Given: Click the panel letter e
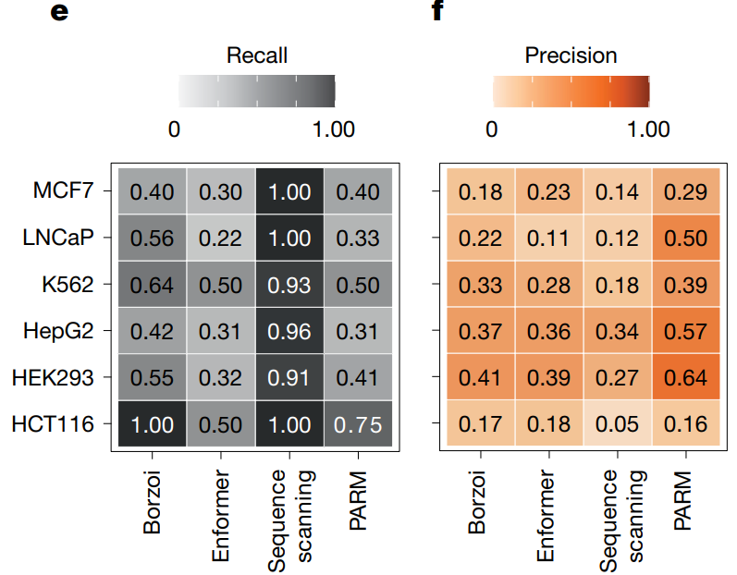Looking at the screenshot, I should point(60,13).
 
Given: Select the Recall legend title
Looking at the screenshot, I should point(256,55).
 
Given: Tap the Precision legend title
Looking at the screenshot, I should point(571,55).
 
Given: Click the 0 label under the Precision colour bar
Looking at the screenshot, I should point(492,129).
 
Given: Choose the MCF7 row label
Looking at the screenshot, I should point(64,191).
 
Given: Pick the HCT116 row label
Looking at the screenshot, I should point(54,424).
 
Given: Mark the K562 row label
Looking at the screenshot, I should point(67,285).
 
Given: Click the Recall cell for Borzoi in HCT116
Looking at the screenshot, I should point(151,424).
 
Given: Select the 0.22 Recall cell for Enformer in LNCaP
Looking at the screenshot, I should point(220,239).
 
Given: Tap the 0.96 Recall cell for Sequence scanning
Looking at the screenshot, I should point(290,331).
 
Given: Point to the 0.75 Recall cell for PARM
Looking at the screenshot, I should point(359,424).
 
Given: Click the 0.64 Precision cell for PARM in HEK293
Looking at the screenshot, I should point(685,377).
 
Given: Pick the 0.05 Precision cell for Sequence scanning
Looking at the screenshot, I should point(617,424).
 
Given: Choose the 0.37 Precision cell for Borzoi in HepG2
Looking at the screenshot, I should point(479,331).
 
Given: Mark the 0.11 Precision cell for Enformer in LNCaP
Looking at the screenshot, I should point(548,239).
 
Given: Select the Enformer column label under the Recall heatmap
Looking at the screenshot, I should point(221,518).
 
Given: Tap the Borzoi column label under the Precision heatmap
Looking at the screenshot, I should point(477,508).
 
